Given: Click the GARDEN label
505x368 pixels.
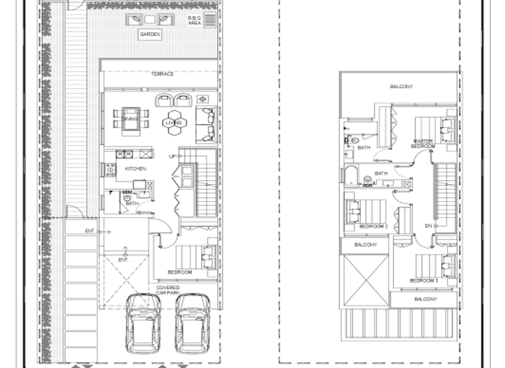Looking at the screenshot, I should pyautogui.click(x=149, y=34).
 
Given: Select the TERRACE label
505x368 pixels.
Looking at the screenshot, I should pyautogui.click(x=162, y=74).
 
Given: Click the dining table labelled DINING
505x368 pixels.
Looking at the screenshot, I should pyautogui.click(x=130, y=119).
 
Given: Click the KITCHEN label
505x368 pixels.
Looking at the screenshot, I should pyautogui.click(x=135, y=170).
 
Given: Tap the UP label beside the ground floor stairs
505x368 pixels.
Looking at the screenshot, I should pyautogui.click(x=172, y=156).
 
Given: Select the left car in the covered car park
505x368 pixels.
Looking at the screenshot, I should pyautogui.click(x=144, y=323).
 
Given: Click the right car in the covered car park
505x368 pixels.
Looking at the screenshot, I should pyautogui.click(x=193, y=323).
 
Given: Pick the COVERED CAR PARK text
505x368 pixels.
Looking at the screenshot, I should pyautogui.click(x=168, y=291).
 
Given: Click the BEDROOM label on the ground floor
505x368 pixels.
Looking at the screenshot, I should pyautogui.click(x=180, y=272).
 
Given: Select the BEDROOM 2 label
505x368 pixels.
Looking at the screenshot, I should pyautogui.click(x=373, y=226).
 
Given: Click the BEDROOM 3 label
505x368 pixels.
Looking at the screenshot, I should pyautogui.click(x=423, y=281).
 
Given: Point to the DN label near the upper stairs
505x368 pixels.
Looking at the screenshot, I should pyautogui.click(x=429, y=226).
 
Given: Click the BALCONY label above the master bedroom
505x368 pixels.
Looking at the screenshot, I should pyautogui.click(x=401, y=86).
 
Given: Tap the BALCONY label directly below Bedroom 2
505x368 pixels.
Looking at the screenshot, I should pyautogui.click(x=366, y=245).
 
